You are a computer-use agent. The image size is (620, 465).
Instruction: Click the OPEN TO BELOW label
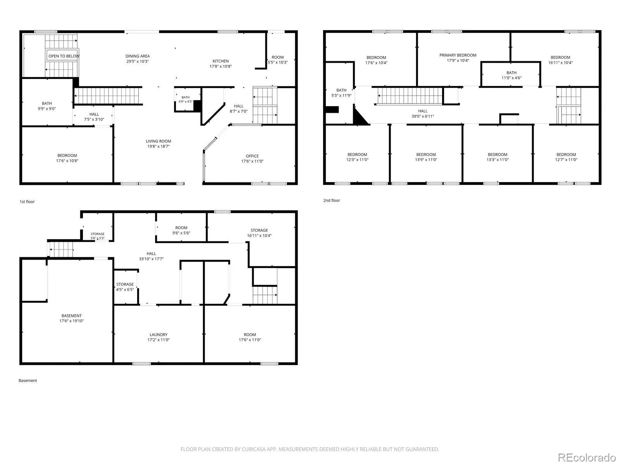64,56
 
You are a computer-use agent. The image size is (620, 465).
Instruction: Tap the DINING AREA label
138,56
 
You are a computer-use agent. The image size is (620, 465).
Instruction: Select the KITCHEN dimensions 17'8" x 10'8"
220,66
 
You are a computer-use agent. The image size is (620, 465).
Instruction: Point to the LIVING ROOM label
158,141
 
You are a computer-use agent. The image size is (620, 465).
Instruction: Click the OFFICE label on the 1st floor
252,156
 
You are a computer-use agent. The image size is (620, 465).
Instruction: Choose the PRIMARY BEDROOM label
458,55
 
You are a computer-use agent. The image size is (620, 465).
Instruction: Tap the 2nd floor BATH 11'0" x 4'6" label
511,75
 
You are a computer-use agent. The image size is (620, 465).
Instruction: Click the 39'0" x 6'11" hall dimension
422,116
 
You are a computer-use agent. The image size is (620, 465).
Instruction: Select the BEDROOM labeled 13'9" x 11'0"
426,157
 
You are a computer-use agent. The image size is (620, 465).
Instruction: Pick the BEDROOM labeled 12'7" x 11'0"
566,157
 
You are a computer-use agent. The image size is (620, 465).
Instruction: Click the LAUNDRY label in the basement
158,334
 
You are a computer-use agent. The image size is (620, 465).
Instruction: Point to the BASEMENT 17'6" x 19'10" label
71,318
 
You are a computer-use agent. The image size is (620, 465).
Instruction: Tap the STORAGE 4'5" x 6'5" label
125,287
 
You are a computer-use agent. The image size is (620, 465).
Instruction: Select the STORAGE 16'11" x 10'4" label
259,233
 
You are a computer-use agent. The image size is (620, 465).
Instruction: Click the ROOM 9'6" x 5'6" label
181,231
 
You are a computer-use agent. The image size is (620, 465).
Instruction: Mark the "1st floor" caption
27,201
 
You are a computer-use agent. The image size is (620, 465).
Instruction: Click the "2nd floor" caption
332,200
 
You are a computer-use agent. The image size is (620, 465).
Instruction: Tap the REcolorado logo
587,457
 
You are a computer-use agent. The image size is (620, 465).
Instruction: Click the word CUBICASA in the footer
252,449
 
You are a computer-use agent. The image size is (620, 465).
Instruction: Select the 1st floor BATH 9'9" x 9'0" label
47,106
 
